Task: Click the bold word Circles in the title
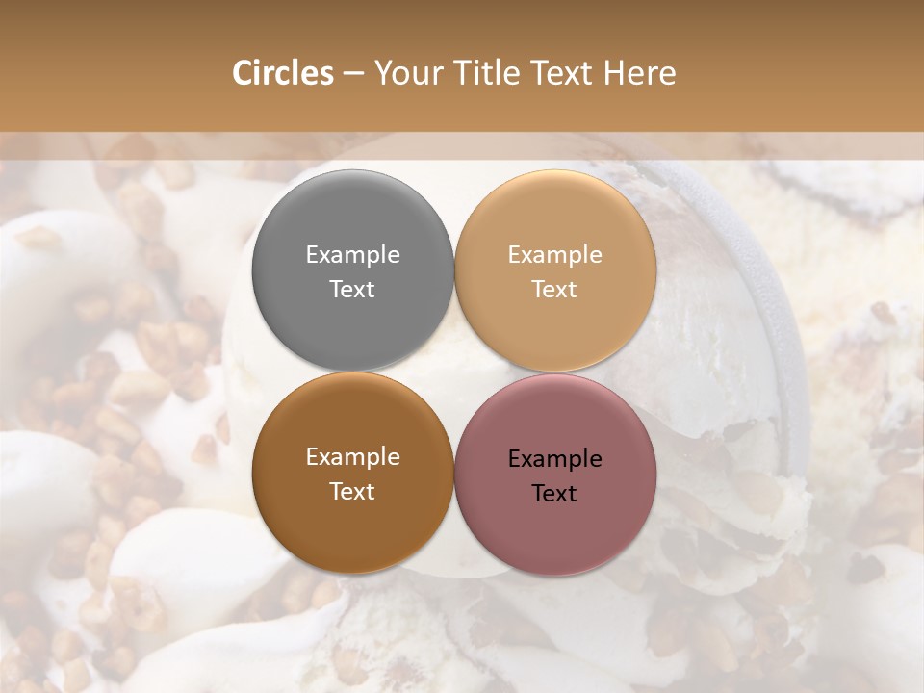(282, 73)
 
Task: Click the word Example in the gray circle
(352, 255)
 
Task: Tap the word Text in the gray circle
(352, 289)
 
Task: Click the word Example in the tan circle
(554, 255)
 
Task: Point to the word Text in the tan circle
(554, 289)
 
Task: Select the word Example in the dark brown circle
(352, 457)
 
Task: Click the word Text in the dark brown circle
(352, 491)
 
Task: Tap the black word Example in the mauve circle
(554, 459)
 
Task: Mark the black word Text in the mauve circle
(554, 493)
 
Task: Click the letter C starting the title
(243, 73)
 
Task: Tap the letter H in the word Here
(613, 73)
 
